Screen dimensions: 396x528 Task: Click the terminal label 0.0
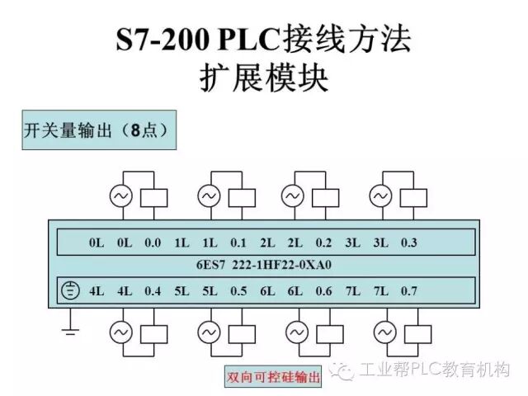(153, 243)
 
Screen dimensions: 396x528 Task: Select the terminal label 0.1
(238, 243)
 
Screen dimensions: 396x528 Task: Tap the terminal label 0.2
(323, 243)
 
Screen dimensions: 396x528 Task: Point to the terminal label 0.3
(409, 243)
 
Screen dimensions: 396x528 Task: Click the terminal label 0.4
(153, 290)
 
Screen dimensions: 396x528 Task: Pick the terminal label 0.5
(238, 290)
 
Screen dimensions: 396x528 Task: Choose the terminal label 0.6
(323, 290)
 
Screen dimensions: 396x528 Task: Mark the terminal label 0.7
(409, 290)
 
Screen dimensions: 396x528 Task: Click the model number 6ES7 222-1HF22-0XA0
(264, 266)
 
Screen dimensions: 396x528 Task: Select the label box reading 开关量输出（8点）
(95, 130)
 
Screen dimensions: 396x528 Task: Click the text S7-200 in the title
(160, 40)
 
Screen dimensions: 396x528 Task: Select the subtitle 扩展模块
(264, 78)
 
